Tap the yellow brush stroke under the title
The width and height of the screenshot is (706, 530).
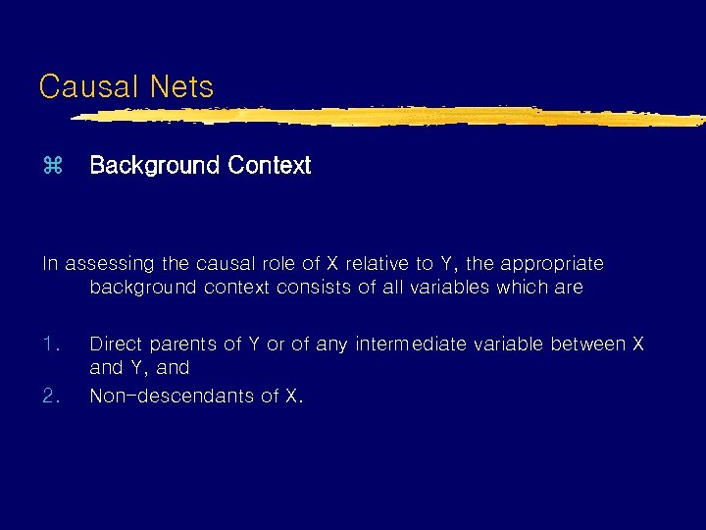(x=392, y=117)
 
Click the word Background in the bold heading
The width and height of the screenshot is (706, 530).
(x=154, y=165)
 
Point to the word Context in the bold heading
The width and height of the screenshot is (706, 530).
(x=269, y=165)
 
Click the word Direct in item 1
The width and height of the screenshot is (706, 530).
(x=115, y=344)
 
